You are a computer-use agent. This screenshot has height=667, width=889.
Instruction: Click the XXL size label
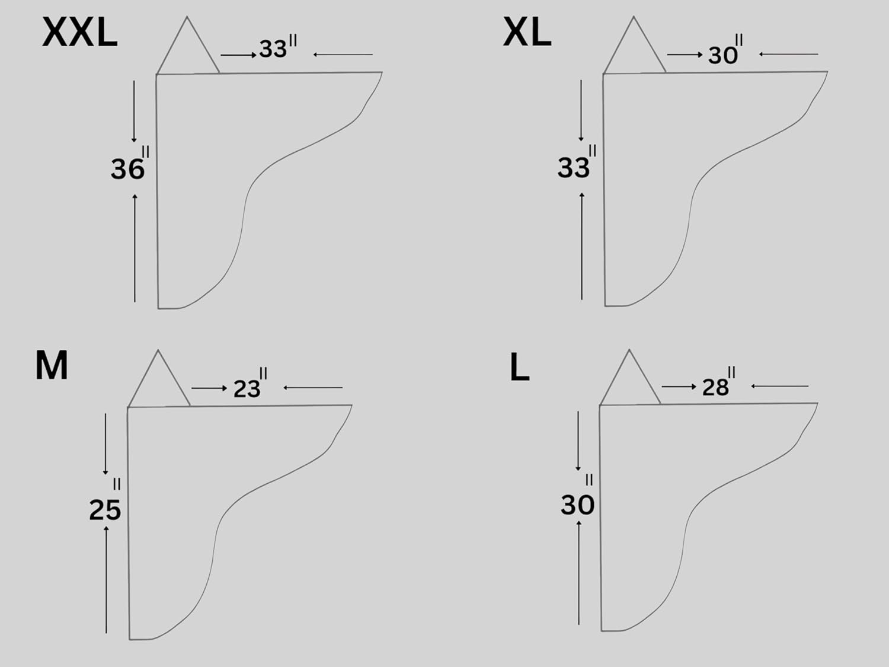coord(80,33)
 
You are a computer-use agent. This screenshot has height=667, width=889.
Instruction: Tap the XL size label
coord(527,33)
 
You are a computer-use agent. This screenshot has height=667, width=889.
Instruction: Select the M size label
coord(52,365)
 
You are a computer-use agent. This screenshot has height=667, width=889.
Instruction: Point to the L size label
coord(520,368)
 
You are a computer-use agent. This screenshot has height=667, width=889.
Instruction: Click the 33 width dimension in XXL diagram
coord(278,47)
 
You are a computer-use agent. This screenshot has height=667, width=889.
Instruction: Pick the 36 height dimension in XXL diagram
coord(130,163)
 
